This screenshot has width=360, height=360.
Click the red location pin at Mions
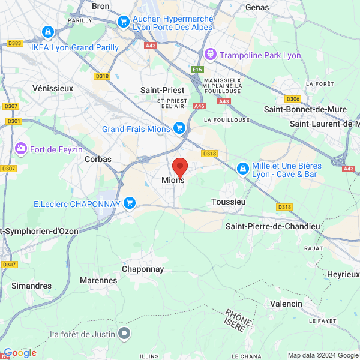(180, 167)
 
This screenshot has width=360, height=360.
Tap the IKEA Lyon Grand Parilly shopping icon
(47, 31)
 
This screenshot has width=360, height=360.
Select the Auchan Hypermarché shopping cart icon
(123, 22)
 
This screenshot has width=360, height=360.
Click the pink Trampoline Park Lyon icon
(210, 55)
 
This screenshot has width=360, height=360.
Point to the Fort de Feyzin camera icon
(21, 147)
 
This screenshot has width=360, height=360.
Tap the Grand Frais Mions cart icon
(179, 128)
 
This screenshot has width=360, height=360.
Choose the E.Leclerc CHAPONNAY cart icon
(129, 203)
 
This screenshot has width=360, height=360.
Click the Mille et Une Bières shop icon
(242, 169)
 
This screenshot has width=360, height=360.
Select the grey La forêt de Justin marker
(124, 332)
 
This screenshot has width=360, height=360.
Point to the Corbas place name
(98, 159)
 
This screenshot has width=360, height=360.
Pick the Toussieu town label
(229, 202)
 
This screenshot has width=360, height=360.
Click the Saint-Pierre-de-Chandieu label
(272, 226)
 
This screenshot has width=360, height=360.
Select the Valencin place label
(286, 304)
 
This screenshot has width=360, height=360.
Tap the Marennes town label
(98, 280)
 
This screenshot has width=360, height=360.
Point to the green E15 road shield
(197, 70)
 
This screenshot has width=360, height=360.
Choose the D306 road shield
(293, 99)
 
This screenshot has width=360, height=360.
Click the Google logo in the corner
(20, 353)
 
